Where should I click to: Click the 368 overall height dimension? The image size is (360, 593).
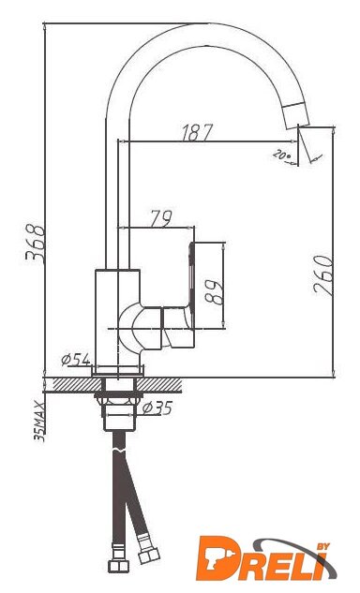point(36,244)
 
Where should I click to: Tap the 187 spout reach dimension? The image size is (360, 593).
point(198,133)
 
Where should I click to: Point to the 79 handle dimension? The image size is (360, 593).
point(161,218)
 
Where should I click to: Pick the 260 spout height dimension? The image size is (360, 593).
point(323,274)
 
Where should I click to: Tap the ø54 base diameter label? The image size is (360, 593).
point(76,359)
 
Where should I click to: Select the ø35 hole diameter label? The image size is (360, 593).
point(157,408)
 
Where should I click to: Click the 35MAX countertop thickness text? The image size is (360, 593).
point(39,422)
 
